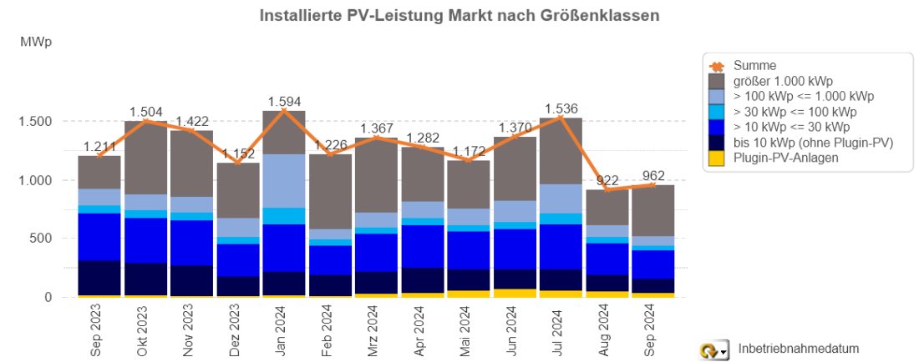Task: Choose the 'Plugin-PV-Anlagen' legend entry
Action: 784,158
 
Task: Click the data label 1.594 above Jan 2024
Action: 285,102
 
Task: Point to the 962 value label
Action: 653,175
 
